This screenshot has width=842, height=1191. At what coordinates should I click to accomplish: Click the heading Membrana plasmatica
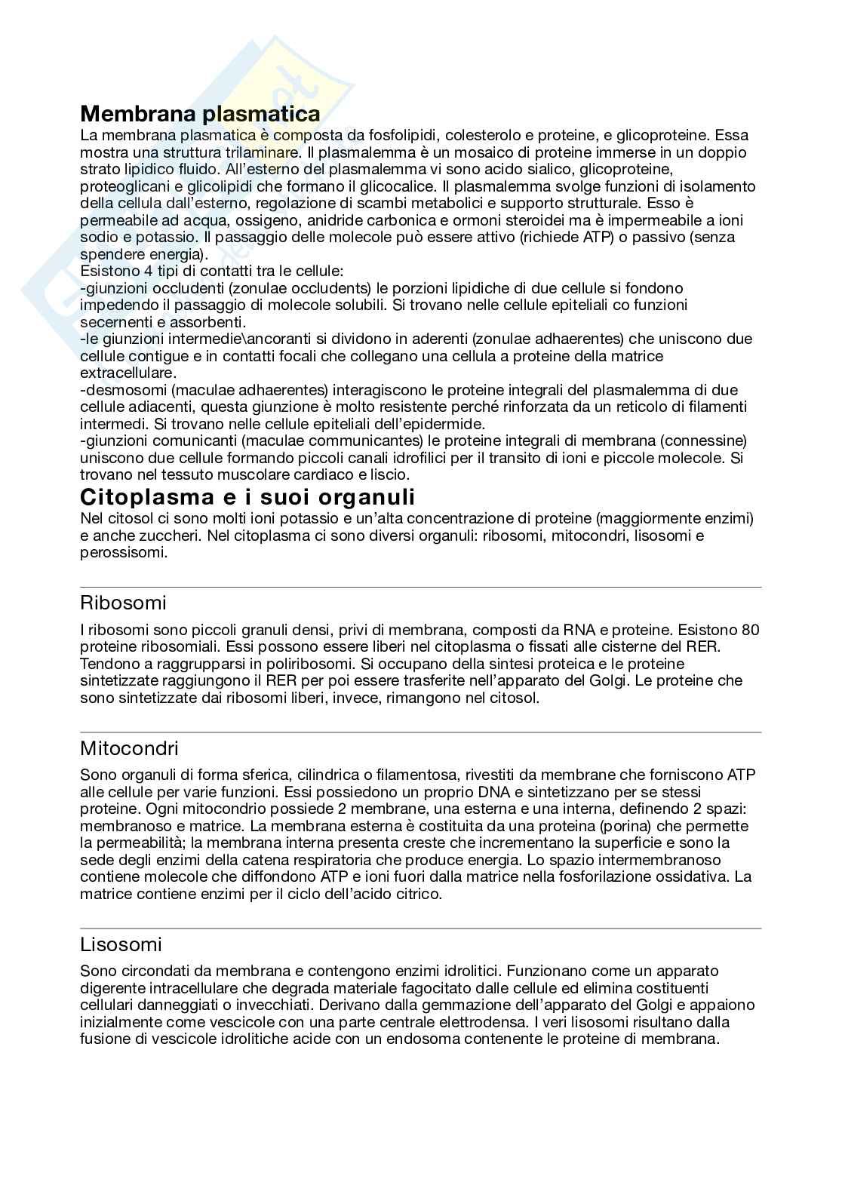point(200,114)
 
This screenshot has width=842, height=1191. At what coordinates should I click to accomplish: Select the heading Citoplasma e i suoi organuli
point(247,498)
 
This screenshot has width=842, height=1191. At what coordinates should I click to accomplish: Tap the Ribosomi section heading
point(123,603)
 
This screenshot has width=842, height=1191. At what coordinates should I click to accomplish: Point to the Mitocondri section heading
point(129,749)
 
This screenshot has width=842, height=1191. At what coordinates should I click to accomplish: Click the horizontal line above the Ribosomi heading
point(420,587)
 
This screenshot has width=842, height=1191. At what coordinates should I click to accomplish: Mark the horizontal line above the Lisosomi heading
point(420,929)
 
